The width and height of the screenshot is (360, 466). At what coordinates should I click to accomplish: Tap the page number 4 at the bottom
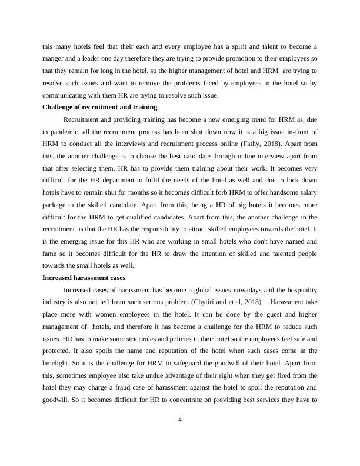coord(180,420)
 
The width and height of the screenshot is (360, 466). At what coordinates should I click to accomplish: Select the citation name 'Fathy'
coord(249,143)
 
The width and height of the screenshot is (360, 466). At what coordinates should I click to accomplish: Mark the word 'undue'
coord(155,375)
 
